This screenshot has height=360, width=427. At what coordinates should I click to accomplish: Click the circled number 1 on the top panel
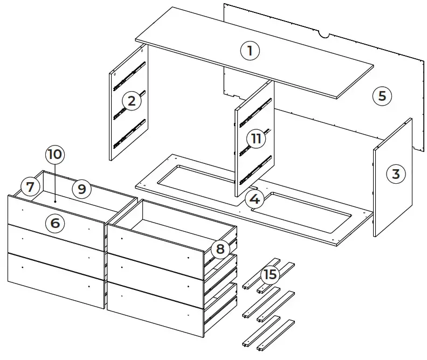[x=250, y=51]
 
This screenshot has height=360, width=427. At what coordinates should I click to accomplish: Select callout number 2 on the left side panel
[x=132, y=100]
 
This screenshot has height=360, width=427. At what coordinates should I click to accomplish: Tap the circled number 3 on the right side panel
[x=396, y=174]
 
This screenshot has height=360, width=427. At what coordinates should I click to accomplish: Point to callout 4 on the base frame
[x=255, y=199]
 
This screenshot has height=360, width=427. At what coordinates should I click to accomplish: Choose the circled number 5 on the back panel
[x=382, y=96]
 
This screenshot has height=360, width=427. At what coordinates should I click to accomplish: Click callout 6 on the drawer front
[x=54, y=222]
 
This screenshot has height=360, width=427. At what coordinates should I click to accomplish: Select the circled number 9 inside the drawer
[x=81, y=188]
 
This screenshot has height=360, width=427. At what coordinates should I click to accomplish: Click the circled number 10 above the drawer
[x=54, y=155]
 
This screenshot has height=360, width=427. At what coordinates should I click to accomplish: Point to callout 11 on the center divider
[x=256, y=139]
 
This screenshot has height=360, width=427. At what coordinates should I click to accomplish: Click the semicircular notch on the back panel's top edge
[x=323, y=36]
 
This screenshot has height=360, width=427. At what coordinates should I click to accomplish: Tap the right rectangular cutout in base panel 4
[x=308, y=207]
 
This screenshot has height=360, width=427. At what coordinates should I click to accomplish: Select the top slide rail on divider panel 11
[x=256, y=108]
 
